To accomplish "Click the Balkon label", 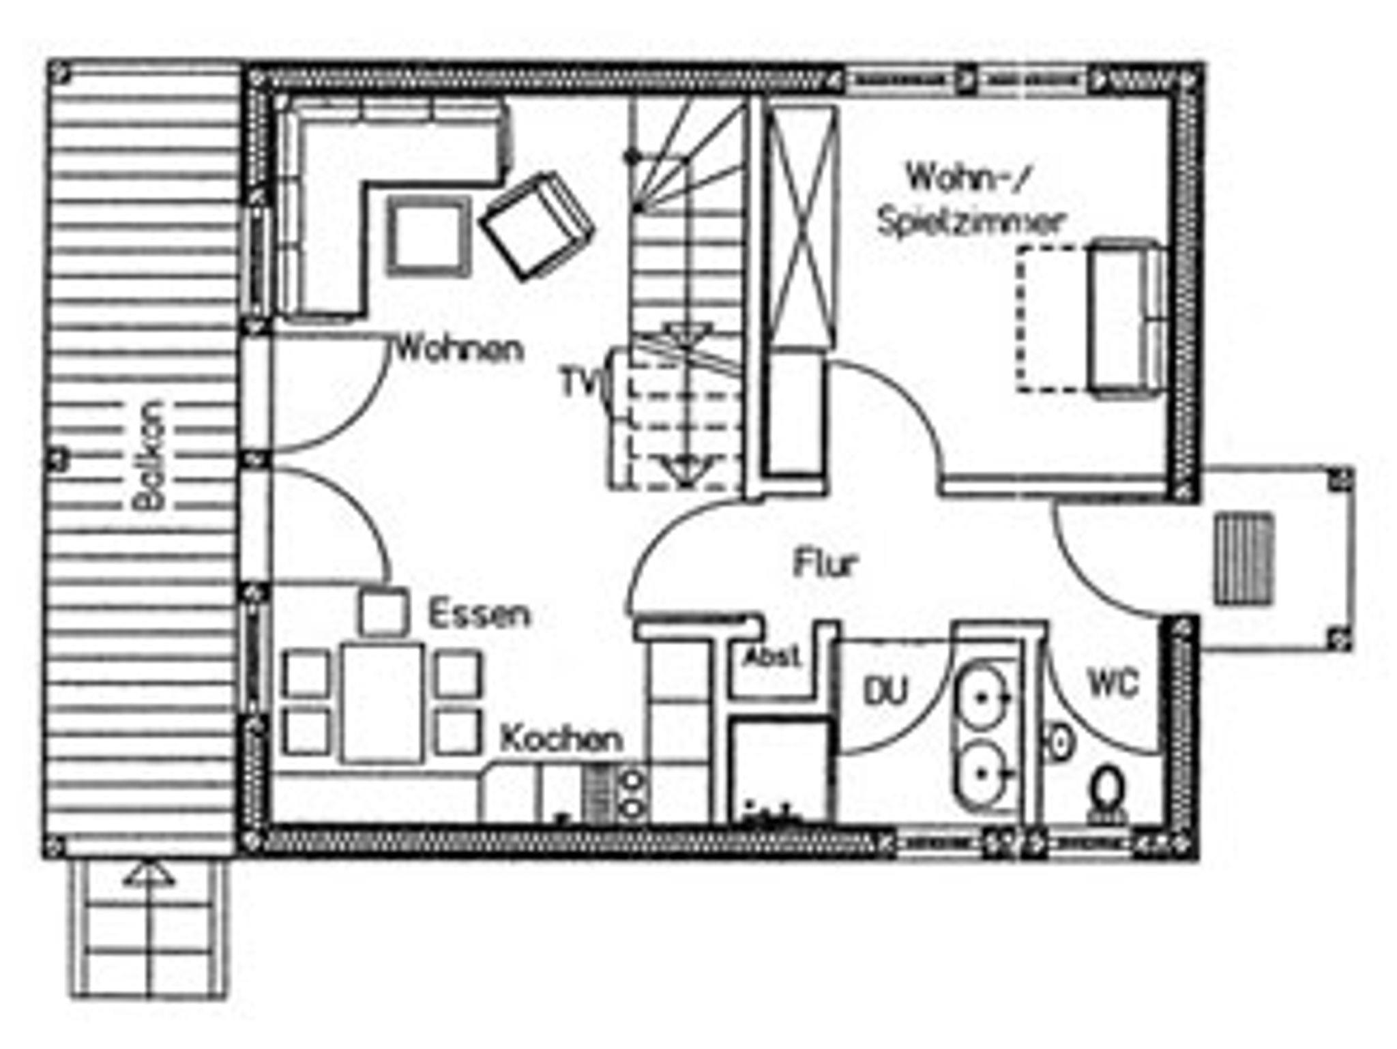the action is coord(149,456).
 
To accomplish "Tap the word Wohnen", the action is coord(460,349).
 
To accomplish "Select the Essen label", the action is coord(478,614).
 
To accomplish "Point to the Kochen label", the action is coord(561,739).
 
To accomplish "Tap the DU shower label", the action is coord(886,692).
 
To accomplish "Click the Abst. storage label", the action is coord(772,658).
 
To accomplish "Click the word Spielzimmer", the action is coord(970,222).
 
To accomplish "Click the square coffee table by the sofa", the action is coord(428,236).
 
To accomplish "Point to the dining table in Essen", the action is coord(382,703).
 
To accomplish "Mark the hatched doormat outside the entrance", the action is coord(1244,559).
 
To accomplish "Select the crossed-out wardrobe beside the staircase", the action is coord(801,227).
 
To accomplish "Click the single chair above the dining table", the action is coord(383,612).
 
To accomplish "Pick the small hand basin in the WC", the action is coord(1059,742).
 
